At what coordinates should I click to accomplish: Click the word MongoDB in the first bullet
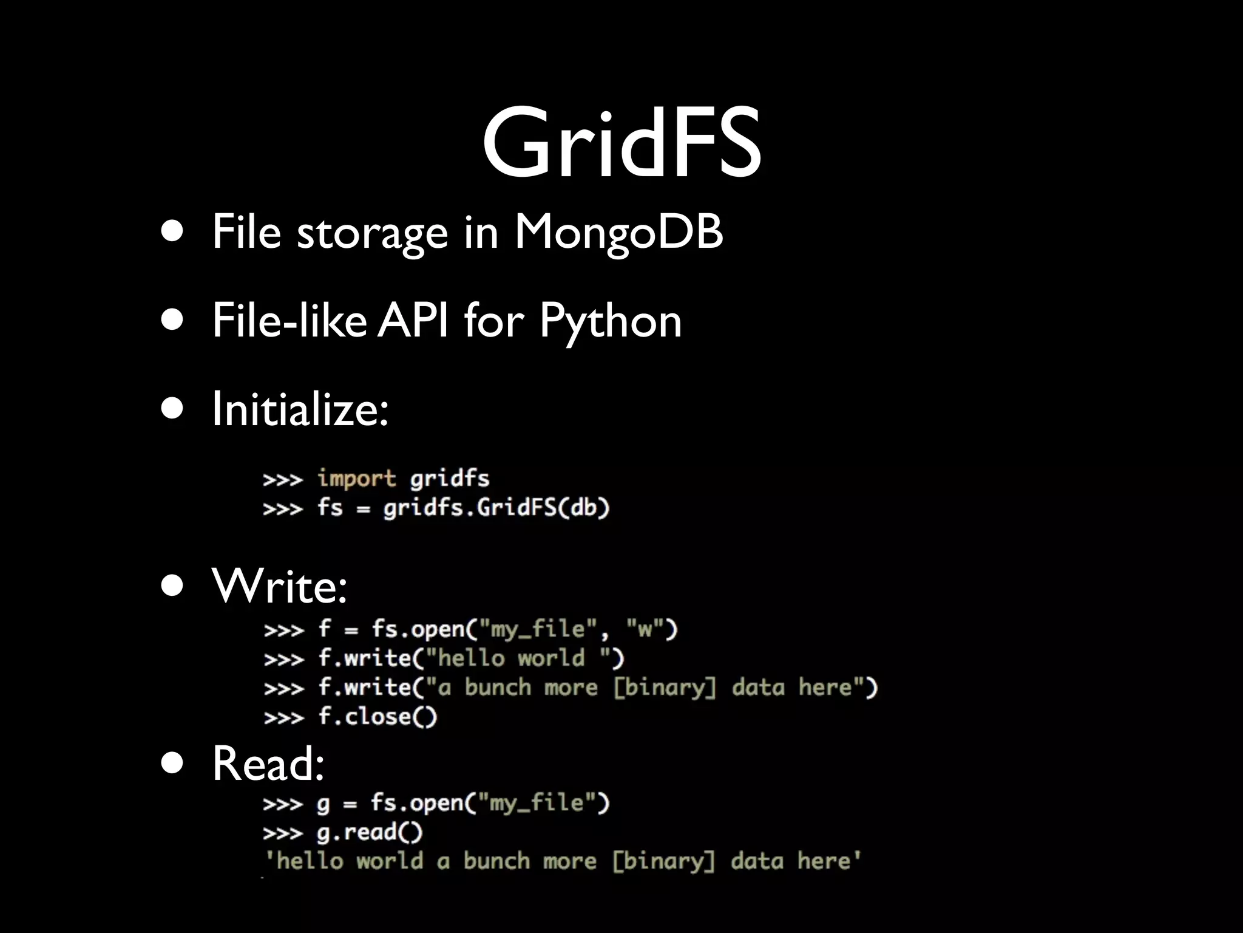[618, 232]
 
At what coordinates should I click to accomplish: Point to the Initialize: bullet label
[300, 409]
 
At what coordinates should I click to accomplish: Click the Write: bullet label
[279, 587]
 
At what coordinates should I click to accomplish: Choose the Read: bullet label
[268, 763]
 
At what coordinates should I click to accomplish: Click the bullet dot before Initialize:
[172, 409]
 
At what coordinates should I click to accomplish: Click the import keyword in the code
[357, 479]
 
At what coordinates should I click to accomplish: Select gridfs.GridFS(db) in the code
[496, 507]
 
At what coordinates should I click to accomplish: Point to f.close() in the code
[378, 717]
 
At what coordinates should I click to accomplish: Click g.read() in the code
[370, 832]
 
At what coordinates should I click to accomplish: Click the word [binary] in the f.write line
[665, 688]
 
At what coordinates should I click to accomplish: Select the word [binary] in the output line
[663, 861]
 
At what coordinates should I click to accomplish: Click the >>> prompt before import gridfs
[283, 479]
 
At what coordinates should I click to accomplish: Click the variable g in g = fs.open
[323, 804]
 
